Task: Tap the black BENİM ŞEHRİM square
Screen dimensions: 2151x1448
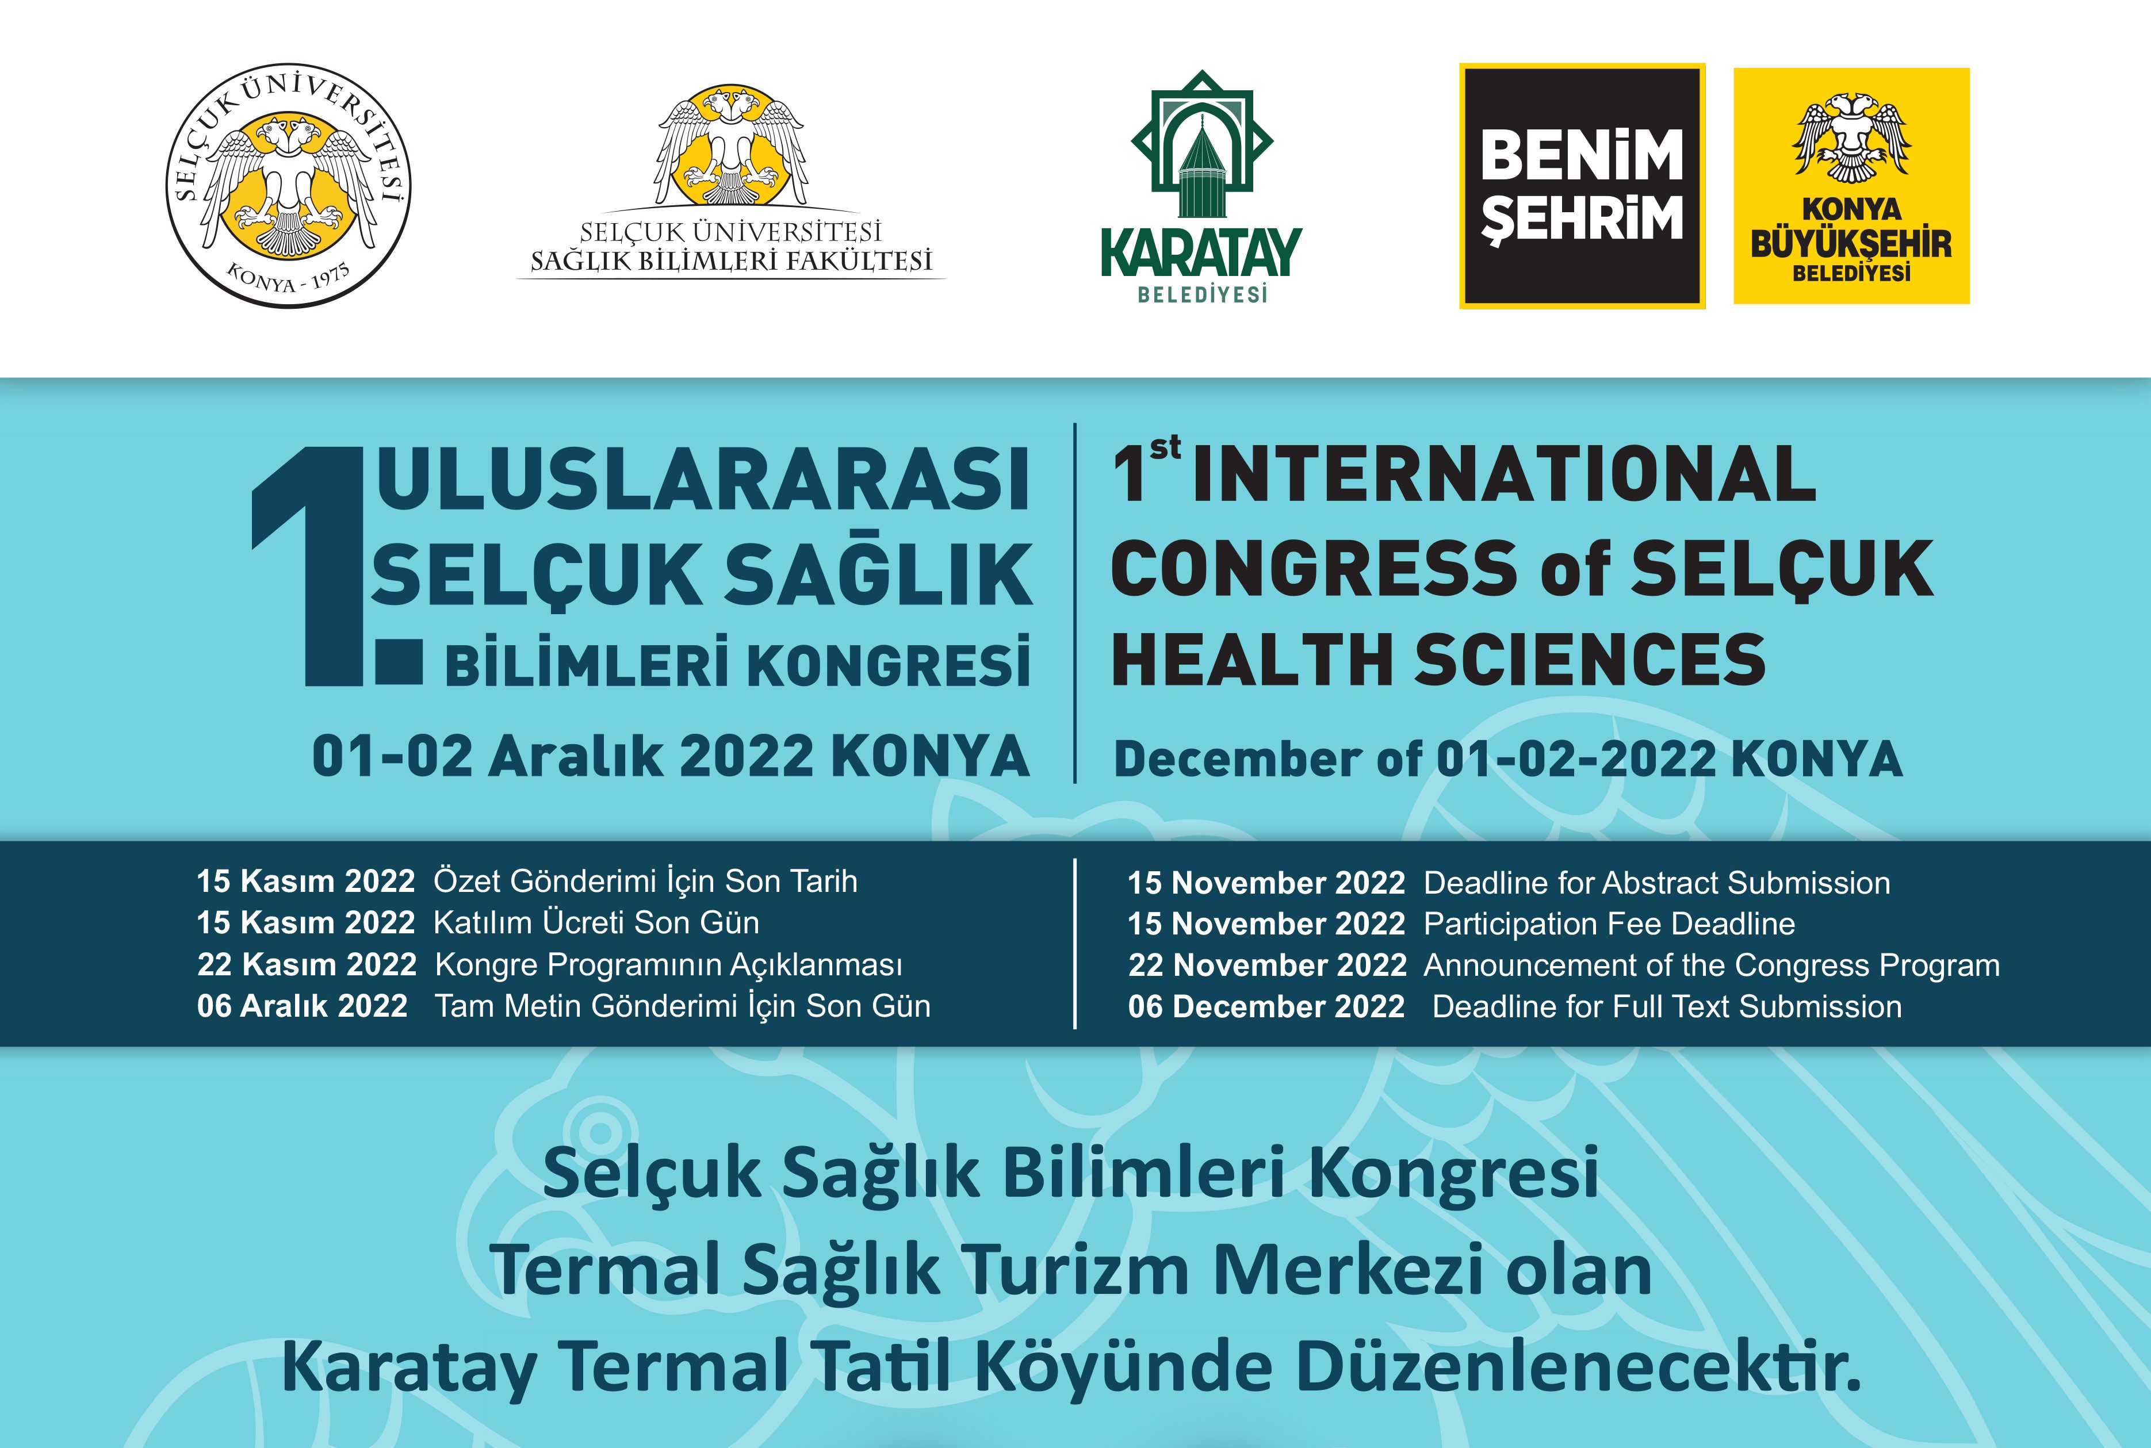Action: pyautogui.click(x=1582, y=186)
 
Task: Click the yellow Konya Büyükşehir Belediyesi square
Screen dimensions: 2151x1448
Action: pyautogui.click(x=1852, y=186)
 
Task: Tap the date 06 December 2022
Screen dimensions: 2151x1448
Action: pyautogui.click(x=1266, y=1006)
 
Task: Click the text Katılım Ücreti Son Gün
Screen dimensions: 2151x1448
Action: pyautogui.click(x=596, y=922)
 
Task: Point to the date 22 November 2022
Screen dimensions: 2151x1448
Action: pyautogui.click(x=1267, y=965)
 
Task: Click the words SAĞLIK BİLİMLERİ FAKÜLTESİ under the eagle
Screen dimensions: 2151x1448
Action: pyautogui.click(x=730, y=261)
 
